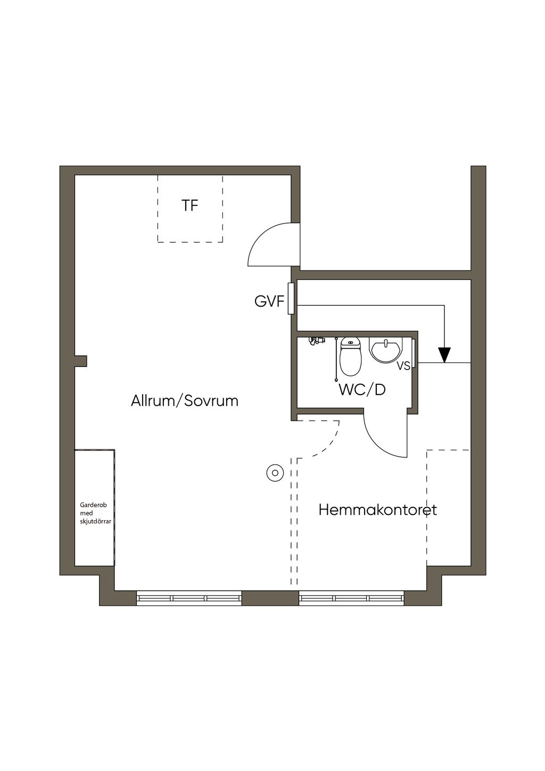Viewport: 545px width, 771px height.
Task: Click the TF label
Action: [x=190, y=205]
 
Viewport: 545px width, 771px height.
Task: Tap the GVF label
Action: [x=269, y=301]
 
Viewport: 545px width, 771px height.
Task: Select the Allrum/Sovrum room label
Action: [x=185, y=400]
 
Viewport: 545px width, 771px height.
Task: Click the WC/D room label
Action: [x=362, y=390]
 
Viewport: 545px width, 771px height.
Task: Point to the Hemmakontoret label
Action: [x=377, y=510]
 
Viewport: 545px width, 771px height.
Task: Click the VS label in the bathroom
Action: [x=403, y=366]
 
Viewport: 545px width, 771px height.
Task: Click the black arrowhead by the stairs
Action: [x=444, y=354]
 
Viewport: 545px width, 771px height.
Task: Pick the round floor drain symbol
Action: [x=275, y=472]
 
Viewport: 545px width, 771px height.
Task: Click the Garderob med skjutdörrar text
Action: [x=95, y=513]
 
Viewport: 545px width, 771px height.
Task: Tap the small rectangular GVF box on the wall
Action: [x=291, y=298]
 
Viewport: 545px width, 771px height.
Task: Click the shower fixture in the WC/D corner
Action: [x=318, y=340]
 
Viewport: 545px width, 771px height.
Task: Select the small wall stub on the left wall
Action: [x=80, y=361]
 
